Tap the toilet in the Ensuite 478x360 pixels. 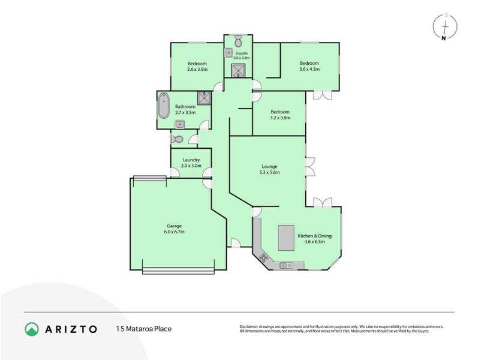point(238,41)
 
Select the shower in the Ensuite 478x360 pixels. point(238,71)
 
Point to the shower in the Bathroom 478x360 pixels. point(205,98)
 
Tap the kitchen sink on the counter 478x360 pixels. point(286,265)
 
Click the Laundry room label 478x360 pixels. point(191,160)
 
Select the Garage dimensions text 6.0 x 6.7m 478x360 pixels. point(174,232)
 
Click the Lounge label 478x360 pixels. point(268,167)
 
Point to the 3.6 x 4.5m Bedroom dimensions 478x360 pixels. point(309,70)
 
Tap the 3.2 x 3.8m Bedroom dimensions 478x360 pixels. point(279,118)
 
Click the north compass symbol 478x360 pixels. point(444,28)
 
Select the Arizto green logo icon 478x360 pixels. point(32,328)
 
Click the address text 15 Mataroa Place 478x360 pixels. point(144,329)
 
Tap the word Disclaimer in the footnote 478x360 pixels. point(249,326)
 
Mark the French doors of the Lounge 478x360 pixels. point(309,166)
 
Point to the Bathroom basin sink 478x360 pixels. point(179,124)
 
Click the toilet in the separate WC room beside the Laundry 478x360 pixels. point(176,139)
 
